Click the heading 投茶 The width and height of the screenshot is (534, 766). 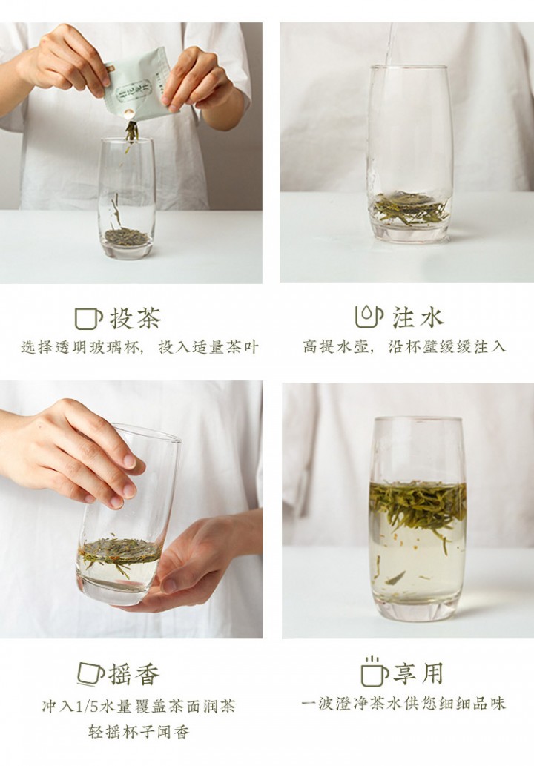click(x=134, y=318)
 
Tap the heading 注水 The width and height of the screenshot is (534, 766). click(x=418, y=318)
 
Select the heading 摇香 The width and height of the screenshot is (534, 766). click(x=134, y=674)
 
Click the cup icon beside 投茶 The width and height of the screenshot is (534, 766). click(x=88, y=318)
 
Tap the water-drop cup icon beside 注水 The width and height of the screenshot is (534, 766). click(x=369, y=317)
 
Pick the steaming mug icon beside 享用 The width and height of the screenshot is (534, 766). click(x=374, y=672)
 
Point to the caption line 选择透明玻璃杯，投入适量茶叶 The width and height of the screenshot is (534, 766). click(x=139, y=347)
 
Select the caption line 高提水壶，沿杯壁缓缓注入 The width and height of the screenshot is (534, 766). click(x=405, y=346)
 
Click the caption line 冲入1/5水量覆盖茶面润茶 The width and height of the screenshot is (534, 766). click(x=139, y=706)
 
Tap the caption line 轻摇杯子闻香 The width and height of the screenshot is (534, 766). click(x=139, y=732)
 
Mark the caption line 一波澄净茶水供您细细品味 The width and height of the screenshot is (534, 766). click(x=404, y=703)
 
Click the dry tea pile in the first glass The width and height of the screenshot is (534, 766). click(x=126, y=237)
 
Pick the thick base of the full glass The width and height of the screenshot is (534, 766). click(x=418, y=604)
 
